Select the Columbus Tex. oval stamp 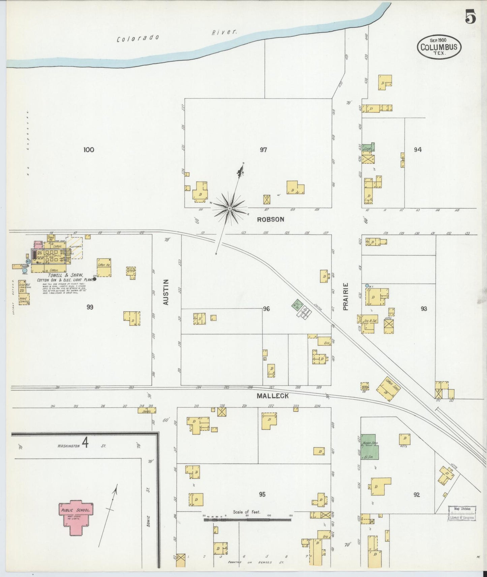(x=439, y=47)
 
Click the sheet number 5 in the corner (x=470, y=17)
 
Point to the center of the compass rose (x=230, y=209)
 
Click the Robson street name (x=271, y=219)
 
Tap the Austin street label (x=166, y=292)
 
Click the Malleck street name (x=273, y=396)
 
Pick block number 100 (x=89, y=150)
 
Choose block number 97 (x=263, y=150)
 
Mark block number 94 (x=418, y=150)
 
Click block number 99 (x=90, y=307)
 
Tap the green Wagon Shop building (x=370, y=447)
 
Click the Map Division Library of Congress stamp (x=462, y=513)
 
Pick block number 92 (x=417, y=495)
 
